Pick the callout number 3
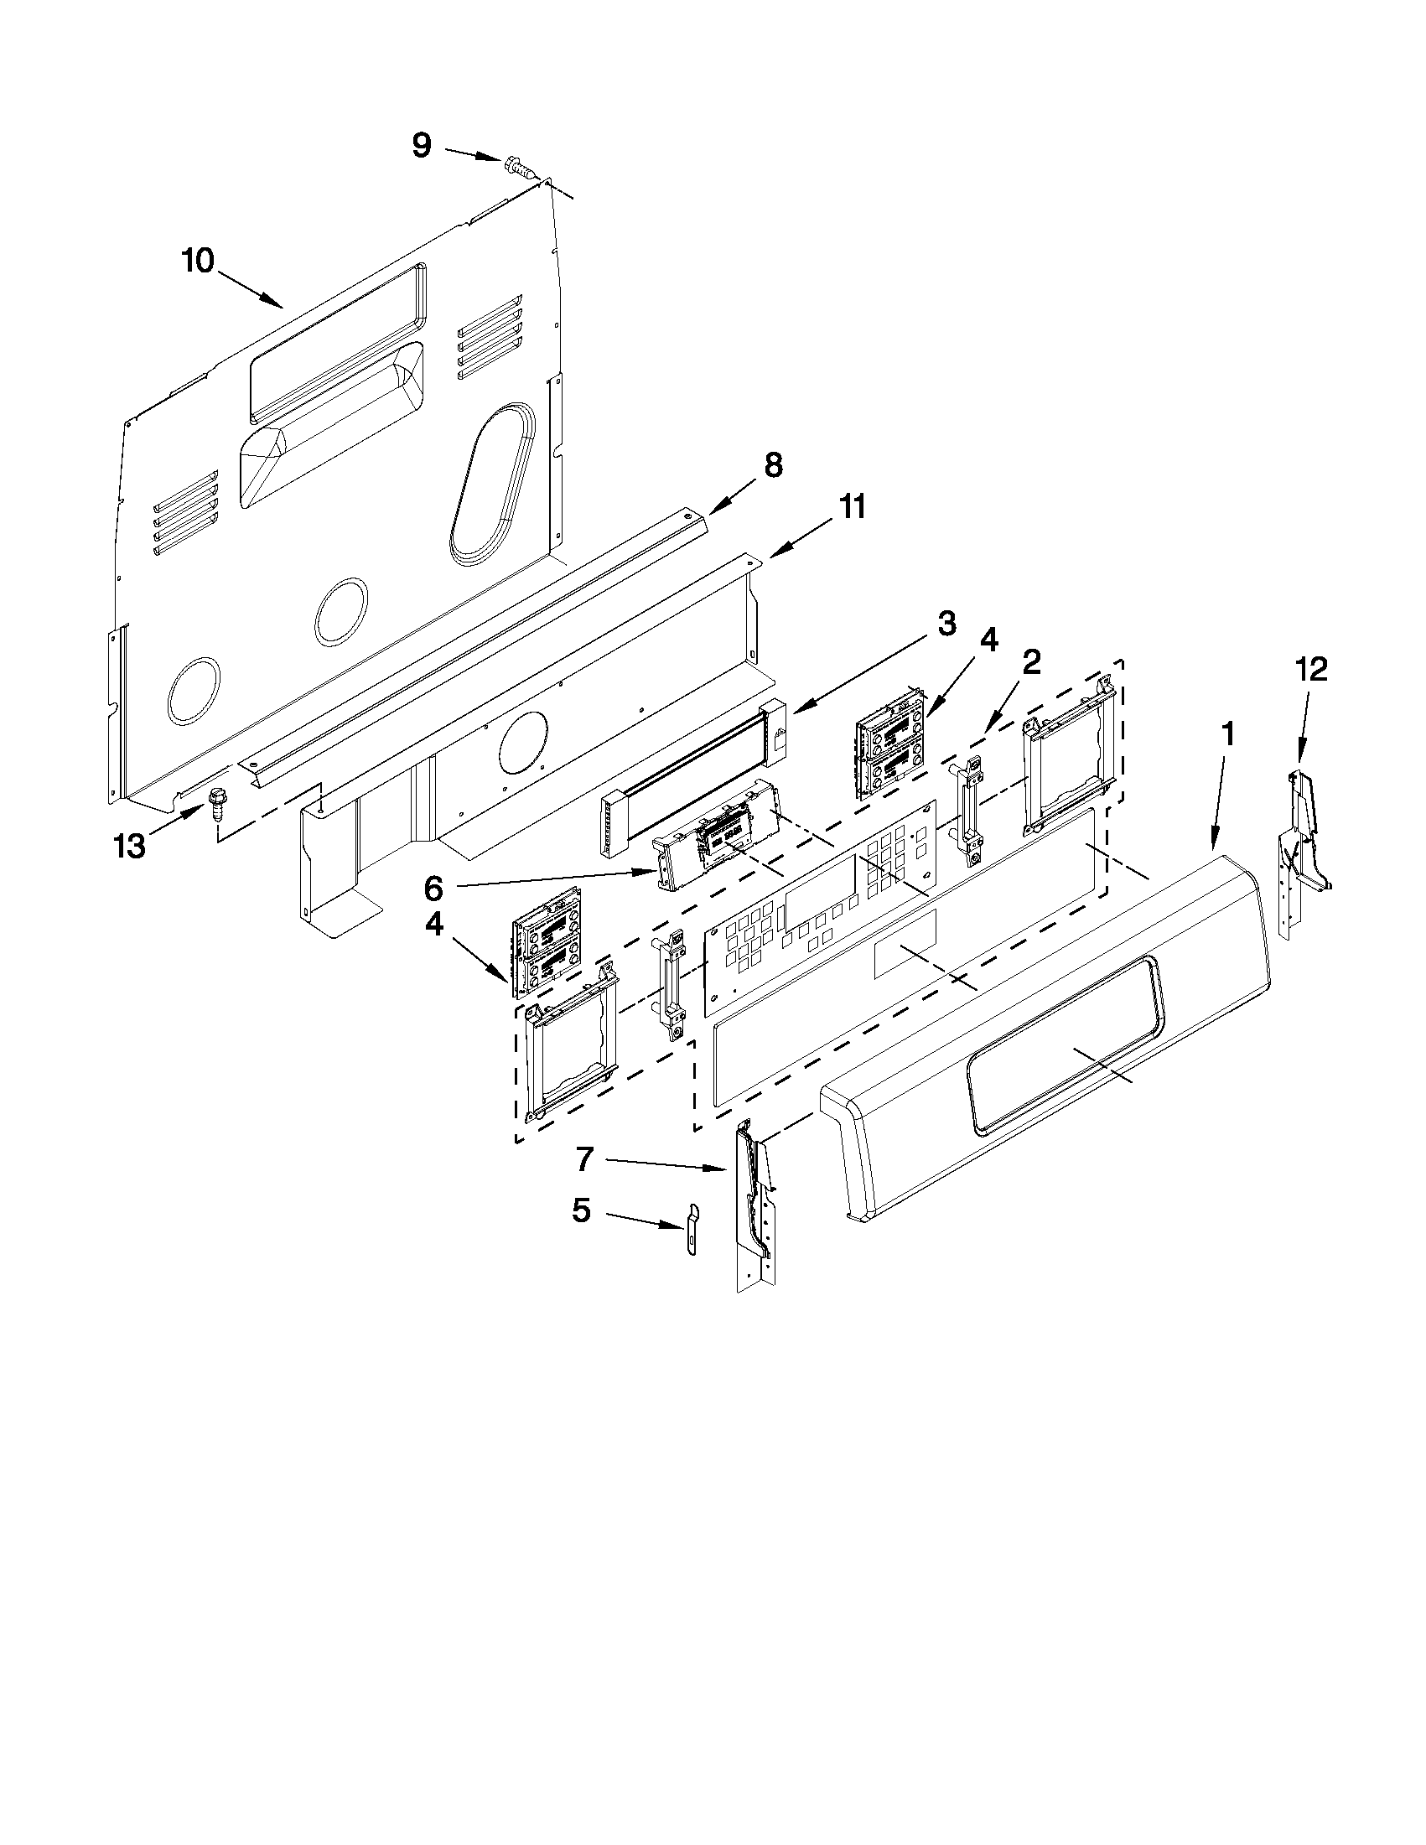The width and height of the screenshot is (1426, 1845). coord(947,624)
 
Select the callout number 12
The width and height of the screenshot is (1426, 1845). coord(1312,669)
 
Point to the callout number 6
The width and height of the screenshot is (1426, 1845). coord(433,887)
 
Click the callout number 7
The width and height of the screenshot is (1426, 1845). coord(585,1160)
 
